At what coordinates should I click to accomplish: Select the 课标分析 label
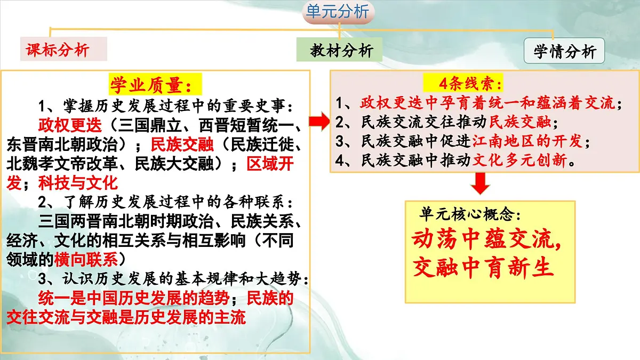coord(58,50)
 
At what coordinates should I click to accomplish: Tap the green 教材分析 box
coord(342,51)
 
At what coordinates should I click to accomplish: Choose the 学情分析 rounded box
coord(564,52)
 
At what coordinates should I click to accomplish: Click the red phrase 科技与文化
coord(77,183)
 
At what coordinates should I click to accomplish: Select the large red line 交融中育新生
coord(483,268)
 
